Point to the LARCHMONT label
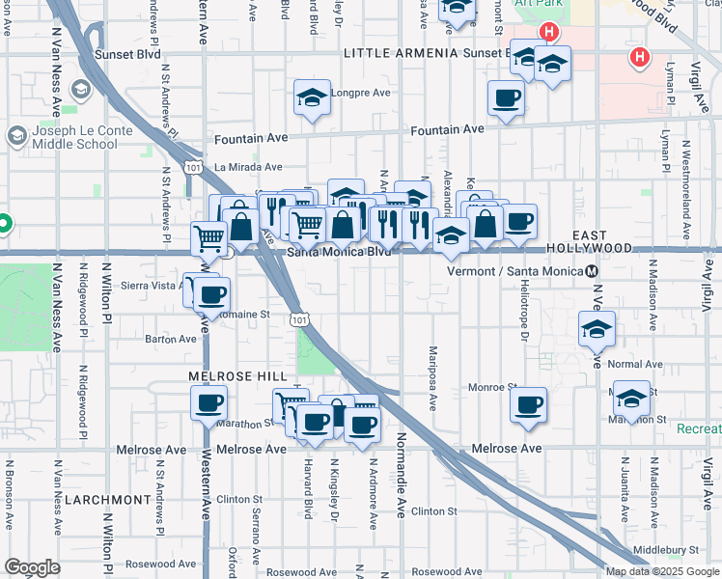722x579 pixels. click(107, 500)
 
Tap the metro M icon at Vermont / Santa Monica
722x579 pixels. click(592, 270)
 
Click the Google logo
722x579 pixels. click(33, 567)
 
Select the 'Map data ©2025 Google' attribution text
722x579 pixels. click(662, 571)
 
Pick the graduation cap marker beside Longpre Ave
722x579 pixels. click(312, 98)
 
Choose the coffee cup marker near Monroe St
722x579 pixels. click(528, 404)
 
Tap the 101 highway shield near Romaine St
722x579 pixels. click(299, 317)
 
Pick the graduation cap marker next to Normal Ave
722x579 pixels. click(597, 330)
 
